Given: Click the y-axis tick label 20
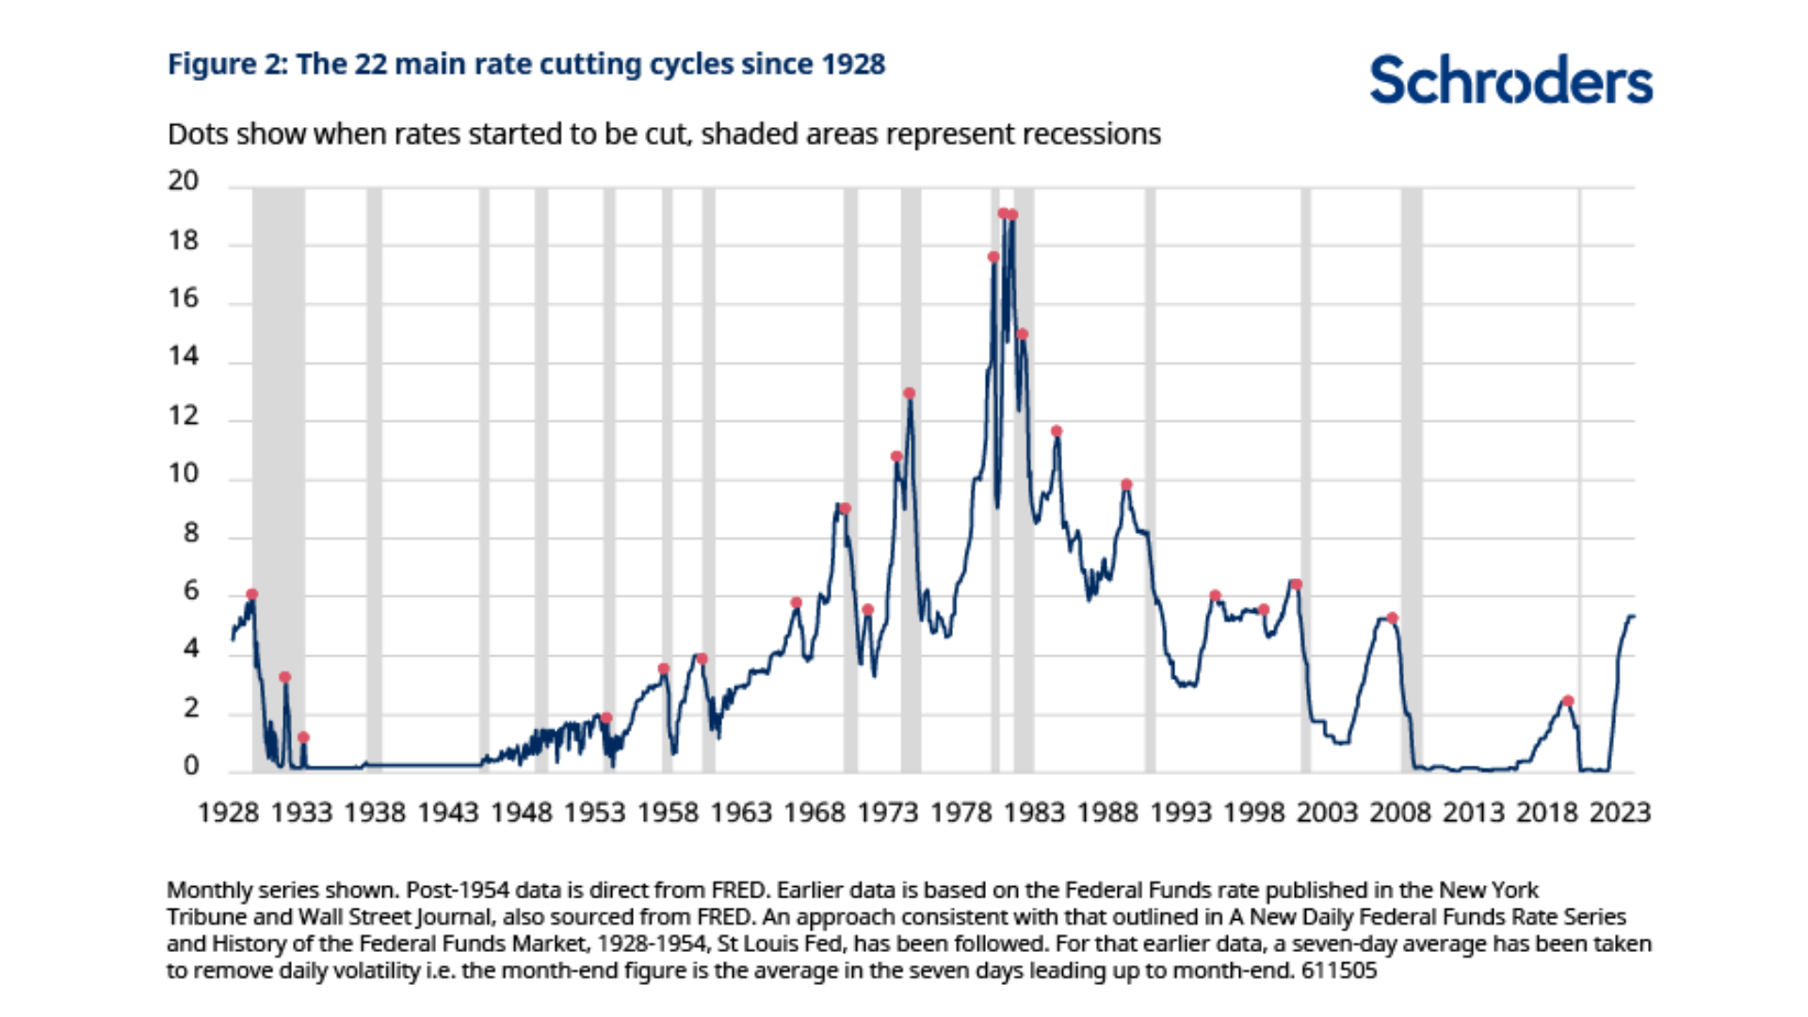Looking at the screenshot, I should point(184,181).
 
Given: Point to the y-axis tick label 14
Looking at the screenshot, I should point(184,356).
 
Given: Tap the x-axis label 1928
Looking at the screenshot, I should point(228,813).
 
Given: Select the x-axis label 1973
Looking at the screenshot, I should point(887,813).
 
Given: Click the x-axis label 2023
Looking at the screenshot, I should point(1620,813).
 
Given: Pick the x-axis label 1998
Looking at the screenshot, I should point(1253,813).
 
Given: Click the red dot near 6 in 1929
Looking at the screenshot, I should point(251,594).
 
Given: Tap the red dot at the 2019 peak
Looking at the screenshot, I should point(1568,701).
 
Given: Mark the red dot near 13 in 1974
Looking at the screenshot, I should point(909,394).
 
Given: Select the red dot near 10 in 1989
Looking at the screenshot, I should point(1126,485).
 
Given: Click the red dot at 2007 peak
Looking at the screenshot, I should point(1393,619).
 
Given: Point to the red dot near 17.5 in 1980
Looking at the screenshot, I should point(993,257).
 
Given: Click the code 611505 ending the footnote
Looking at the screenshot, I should point(1338,971).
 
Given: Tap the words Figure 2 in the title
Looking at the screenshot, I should point(226,64).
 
